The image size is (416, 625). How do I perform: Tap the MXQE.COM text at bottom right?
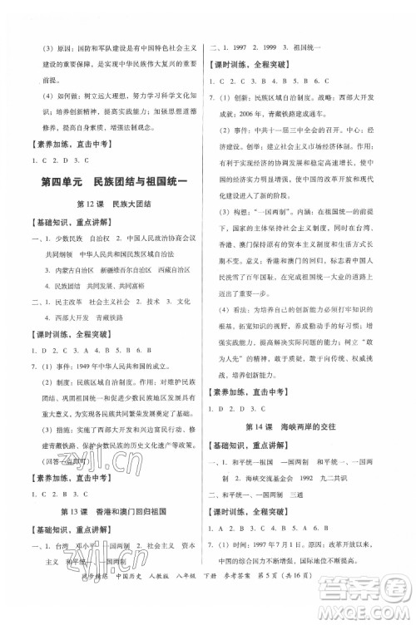point(378,614)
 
